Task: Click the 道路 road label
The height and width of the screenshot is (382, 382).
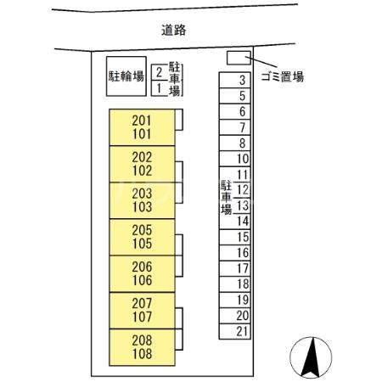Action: tap(173, 30)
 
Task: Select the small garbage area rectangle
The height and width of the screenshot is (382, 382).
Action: tap(238, 59)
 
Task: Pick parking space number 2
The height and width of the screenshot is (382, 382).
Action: tap(159, 72)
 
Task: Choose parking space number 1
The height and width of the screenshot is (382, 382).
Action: tap(159, 87)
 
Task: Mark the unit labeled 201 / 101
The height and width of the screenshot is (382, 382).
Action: tap(142, 127)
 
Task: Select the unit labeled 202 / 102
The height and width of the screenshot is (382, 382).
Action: tap(142, 163)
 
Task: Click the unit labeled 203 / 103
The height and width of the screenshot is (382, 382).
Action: tap(142, 200)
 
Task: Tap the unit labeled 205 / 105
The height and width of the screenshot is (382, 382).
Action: tap(142, 237)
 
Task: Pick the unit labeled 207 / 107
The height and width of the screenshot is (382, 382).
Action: tap(142, 311)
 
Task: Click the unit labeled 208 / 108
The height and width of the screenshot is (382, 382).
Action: tap(142, 347)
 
